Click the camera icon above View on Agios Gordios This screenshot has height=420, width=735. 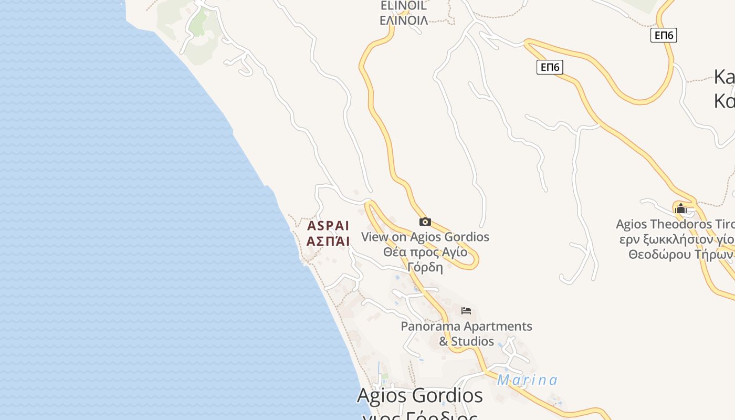[x=425, y=222]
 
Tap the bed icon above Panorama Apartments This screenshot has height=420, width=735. [x=466, y=311]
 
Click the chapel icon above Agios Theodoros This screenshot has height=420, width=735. [x=681, y=208]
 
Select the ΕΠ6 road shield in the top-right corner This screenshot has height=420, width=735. [x=664, y=35]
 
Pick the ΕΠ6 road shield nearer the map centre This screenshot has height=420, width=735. [x=550, y=67]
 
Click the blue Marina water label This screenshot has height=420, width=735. [x=527, y=380]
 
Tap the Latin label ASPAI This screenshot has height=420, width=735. [x=328, y=226]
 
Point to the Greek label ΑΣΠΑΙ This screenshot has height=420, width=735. [x=328, y=241]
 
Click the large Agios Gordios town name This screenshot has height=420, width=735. [x=419, y=395]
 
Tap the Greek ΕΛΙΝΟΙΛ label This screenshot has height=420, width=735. [x=403, y=21]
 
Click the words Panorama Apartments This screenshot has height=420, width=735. [x=466, y=327]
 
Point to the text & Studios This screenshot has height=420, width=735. [x=466, y=341]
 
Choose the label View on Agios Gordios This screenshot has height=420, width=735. [x=425, y=237]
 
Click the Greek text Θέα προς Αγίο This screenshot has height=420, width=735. [x=425, y=252]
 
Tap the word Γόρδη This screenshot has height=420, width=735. [x=425, y=267]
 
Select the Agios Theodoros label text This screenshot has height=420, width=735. [x=675, y=225]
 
